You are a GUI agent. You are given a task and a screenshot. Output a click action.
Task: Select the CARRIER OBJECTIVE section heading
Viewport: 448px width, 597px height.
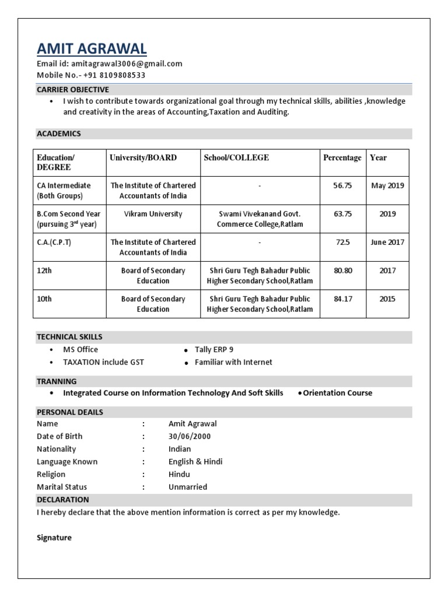(72, 90)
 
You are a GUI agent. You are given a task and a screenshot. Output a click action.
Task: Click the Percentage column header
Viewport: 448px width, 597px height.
(342, 157)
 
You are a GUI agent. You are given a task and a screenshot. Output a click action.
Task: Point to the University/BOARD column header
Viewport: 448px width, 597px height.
(143, 157)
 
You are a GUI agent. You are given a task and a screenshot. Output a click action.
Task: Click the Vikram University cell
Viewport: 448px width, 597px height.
(153, 214)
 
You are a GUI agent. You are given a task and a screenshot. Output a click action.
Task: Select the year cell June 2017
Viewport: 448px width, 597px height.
(387, 242)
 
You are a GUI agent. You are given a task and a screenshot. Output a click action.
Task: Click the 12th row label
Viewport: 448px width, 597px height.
(45, 271)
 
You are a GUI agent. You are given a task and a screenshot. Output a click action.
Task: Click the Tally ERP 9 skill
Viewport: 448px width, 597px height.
(213, 350)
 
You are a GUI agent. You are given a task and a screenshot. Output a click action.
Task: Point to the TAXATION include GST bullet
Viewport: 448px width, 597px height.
(103, 362)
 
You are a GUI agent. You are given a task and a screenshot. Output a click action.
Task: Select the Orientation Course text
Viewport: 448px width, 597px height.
(337, 393)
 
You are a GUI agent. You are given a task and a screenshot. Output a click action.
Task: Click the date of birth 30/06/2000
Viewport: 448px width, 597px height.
(190, 437)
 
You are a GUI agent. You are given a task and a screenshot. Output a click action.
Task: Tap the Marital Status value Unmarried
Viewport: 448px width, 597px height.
(187, 487)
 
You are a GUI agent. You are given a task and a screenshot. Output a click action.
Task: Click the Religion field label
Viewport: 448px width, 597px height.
(51, 475)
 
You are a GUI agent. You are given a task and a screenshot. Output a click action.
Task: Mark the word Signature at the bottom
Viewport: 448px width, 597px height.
(54, 538)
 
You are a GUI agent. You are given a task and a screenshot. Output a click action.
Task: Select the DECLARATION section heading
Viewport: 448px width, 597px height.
(62, 500)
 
